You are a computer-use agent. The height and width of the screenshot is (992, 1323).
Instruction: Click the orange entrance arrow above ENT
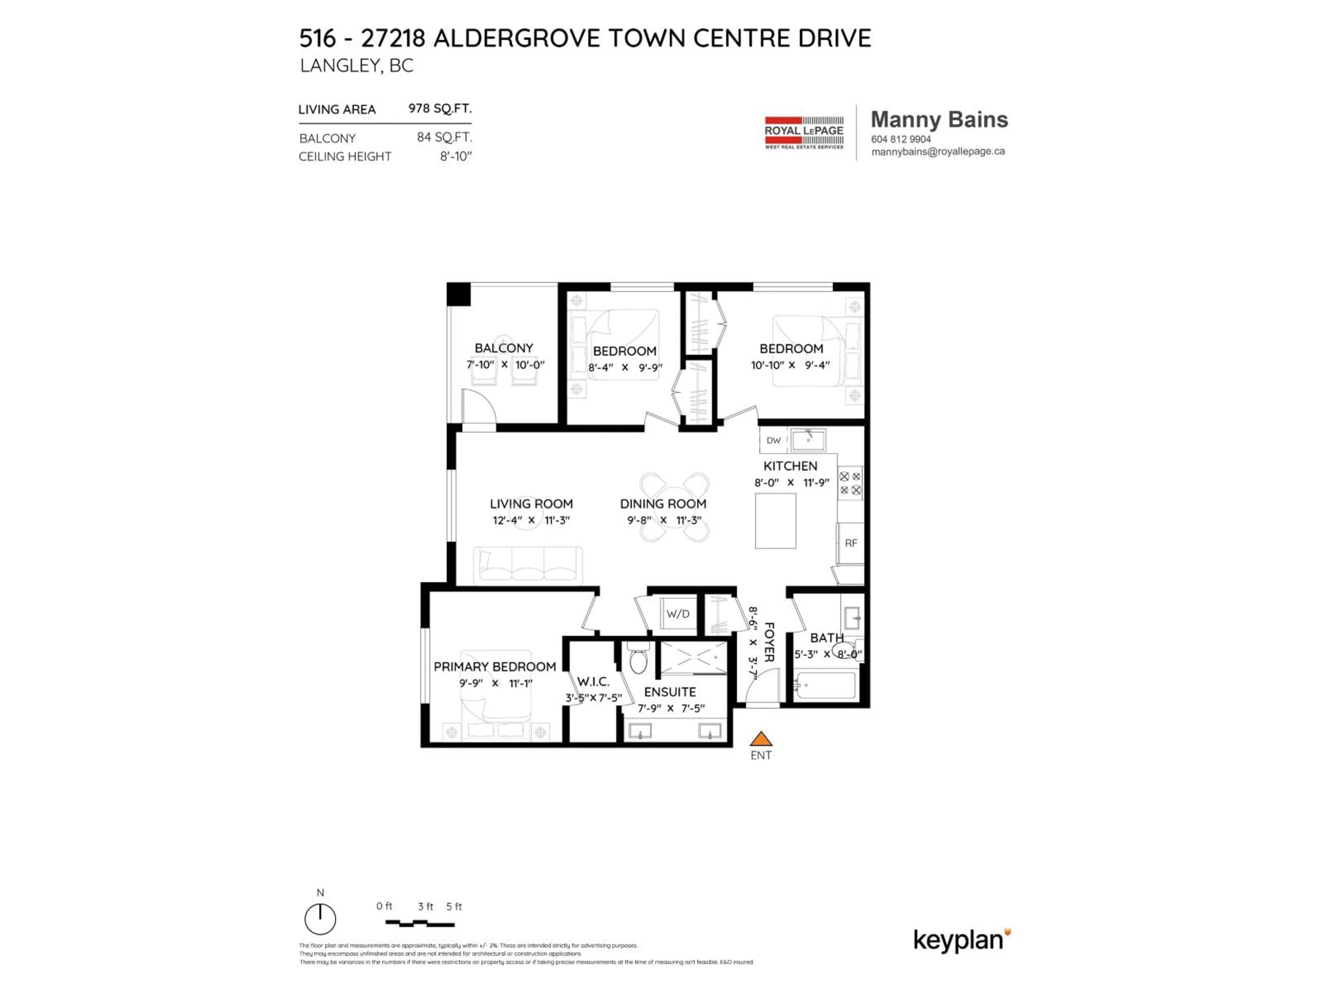pos(761,739)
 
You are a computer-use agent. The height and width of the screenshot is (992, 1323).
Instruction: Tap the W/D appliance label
pos(678,614)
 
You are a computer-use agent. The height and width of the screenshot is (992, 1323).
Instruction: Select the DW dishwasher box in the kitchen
pos(773,440)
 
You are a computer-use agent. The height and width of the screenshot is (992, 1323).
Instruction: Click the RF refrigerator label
pos(851,543)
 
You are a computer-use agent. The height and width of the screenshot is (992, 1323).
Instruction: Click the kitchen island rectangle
pos(775,521)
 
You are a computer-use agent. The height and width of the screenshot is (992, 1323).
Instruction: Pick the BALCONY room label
pos(504,348)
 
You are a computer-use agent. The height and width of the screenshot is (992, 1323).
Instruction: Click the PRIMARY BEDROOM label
pos(495,667)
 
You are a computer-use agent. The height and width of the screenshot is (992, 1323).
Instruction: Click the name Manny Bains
pos(939,120)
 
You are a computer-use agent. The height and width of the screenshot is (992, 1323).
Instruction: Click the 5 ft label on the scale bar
pos(454,907)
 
